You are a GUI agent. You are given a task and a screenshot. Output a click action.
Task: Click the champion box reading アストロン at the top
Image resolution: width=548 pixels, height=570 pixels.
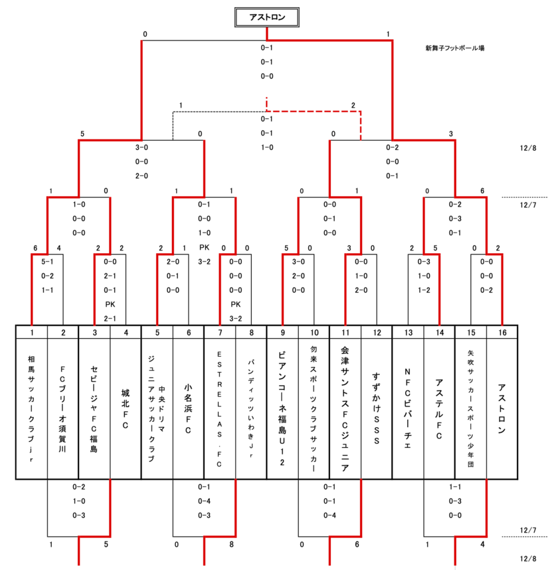[x=267, y=18]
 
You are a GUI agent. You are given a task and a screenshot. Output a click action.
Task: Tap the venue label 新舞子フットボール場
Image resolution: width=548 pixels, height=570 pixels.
[x=454, y=48]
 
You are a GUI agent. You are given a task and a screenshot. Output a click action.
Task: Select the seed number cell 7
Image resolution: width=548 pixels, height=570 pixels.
[x=220, y=331]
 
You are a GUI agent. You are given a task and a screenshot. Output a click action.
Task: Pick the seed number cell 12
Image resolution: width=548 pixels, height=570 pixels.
[x=377, y=331]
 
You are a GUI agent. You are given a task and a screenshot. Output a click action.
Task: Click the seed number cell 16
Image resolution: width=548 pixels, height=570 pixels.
[x=502, y=331]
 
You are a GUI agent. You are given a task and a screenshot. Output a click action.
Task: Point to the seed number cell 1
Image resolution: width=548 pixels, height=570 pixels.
[x=31, y=331]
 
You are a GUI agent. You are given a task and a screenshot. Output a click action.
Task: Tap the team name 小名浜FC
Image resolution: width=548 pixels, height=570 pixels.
[x=188, y=407]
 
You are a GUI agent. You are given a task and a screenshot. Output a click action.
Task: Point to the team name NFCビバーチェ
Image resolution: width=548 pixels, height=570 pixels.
[x=408, y=407]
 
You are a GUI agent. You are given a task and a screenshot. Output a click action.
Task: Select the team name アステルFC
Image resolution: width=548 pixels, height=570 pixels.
[x=439, y=407]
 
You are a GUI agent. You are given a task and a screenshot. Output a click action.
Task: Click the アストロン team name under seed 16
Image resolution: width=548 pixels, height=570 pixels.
[x=502, y=407]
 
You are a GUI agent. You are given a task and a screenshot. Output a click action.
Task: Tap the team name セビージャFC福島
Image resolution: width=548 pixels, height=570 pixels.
[x=94, y=407]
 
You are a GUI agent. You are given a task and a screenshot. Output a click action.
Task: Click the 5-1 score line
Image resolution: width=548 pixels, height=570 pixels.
[x=47, y=262]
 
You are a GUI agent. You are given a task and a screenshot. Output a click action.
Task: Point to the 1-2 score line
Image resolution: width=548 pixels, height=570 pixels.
[x=424, y=289]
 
